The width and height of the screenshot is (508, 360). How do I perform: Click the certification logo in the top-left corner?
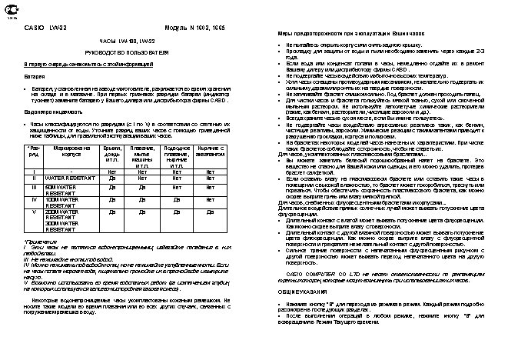tap(10, 11)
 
